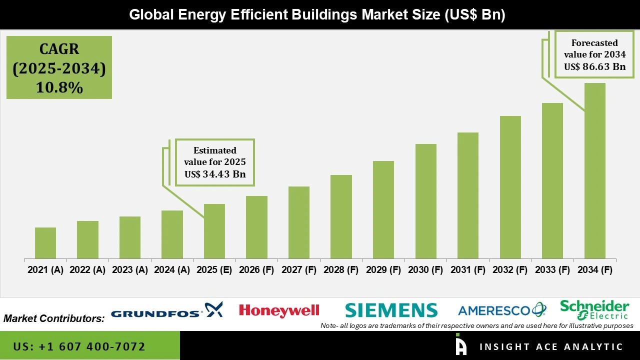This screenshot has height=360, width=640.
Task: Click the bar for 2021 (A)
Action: (x=45, y=243)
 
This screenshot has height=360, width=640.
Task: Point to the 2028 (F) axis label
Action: (x=341, y=270)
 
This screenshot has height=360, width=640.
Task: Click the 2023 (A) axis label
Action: (x=130, y=270)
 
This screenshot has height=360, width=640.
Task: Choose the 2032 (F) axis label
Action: (x=510, y=270)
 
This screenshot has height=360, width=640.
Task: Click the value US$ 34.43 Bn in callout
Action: (x=215, y=174)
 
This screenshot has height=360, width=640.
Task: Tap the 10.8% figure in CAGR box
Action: (x=59, y=87)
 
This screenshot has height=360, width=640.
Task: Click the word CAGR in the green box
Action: (x=59, y=49)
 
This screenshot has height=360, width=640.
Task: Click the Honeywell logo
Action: (x=279, y=310)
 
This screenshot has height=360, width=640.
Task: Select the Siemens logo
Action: (x=391, y=310)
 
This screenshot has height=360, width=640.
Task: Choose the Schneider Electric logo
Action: (x=594, y=309)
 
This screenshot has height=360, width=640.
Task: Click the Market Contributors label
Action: (x=54, y=318)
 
